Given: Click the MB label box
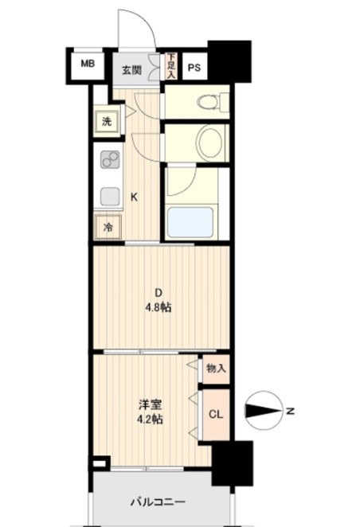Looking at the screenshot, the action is click(88, 64).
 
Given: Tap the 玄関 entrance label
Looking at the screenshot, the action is click(131, 71).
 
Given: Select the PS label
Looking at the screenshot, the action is click(194, 68).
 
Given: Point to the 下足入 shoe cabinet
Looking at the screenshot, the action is click(171, 66).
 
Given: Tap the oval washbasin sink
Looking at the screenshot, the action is click(210, 142).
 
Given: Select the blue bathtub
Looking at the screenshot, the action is click(190, 222).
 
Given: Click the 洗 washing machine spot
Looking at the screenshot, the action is click(107, 121).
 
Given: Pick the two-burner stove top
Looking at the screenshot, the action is click(110, 159).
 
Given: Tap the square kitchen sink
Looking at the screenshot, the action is click(110, 197).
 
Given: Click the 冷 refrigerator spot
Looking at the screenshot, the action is click(108, 228).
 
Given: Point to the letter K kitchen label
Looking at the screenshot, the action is click(134, 197).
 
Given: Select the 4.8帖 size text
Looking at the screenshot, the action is click(158, 307).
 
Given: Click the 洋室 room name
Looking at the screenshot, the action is click(151, 404).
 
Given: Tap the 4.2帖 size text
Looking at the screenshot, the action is click(150, 419).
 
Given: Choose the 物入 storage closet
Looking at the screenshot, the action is click(216, 369).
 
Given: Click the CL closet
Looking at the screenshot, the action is click(216, 415).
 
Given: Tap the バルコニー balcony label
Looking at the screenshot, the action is click(158, 502).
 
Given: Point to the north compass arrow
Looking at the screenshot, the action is click(264, 411).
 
